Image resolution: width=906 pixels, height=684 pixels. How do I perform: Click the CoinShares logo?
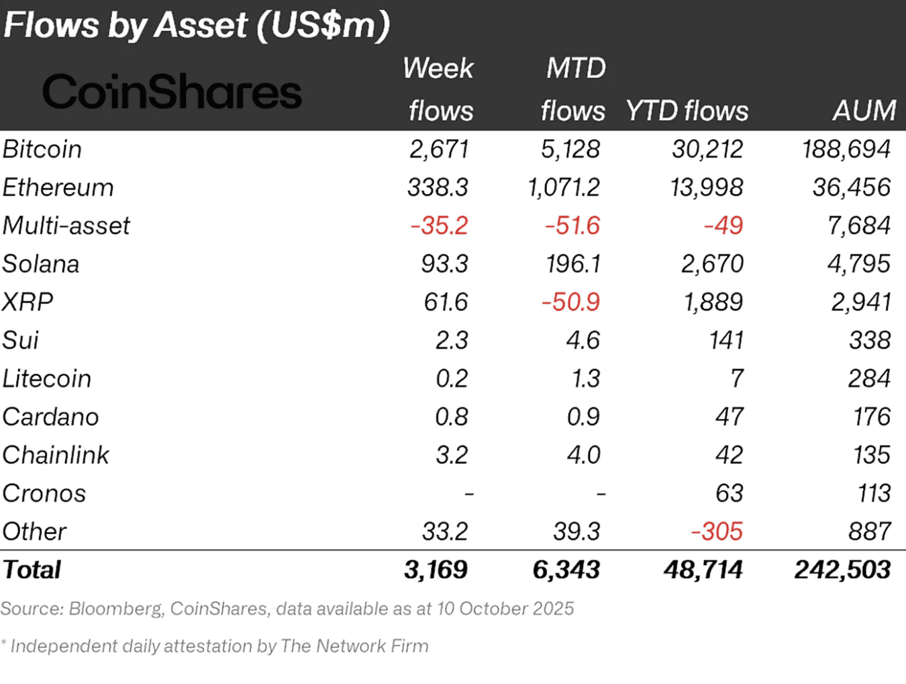coord(172,92)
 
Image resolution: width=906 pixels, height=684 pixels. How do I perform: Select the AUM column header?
coord(864,110)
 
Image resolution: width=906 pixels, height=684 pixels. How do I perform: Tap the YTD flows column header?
coord(687,111)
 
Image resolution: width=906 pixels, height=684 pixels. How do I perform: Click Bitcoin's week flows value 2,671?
coord(439,149)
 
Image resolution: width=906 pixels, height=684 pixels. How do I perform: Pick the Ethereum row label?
coord(58,187)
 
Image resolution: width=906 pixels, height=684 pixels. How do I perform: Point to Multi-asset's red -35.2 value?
coord(439,226)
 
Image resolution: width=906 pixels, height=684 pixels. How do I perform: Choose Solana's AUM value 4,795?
coord(858,264)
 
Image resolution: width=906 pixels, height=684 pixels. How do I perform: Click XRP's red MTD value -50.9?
coord(570,302)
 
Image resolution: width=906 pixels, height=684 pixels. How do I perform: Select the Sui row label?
coord(21,341)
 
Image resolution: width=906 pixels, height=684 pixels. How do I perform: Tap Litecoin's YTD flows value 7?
coord(736,379)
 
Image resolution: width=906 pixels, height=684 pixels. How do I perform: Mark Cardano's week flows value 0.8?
coord(451,417)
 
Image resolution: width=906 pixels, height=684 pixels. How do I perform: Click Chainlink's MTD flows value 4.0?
coord(583,456)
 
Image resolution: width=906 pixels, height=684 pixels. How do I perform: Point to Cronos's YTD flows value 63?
coord(729,494)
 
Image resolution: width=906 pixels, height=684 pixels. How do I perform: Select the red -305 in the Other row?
coord(717,532)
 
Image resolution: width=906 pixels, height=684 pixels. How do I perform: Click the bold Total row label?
coord(32,570)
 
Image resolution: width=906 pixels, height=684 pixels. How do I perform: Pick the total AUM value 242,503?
coord(842,570)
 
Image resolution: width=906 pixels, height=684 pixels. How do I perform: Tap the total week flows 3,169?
coord(436,570)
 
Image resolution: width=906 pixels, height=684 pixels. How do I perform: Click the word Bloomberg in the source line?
coord(115,609)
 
